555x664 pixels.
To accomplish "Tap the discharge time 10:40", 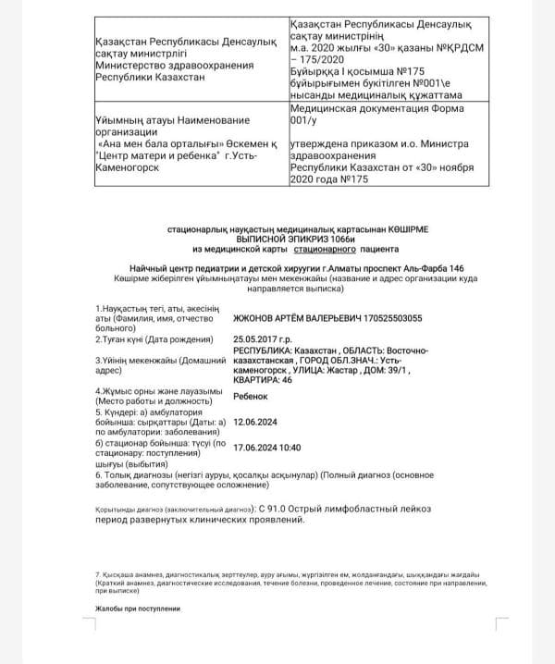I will tap(290, 447).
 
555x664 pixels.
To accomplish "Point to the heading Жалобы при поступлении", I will tap(139, 609).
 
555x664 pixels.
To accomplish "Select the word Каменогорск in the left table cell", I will tap(128, 169).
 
